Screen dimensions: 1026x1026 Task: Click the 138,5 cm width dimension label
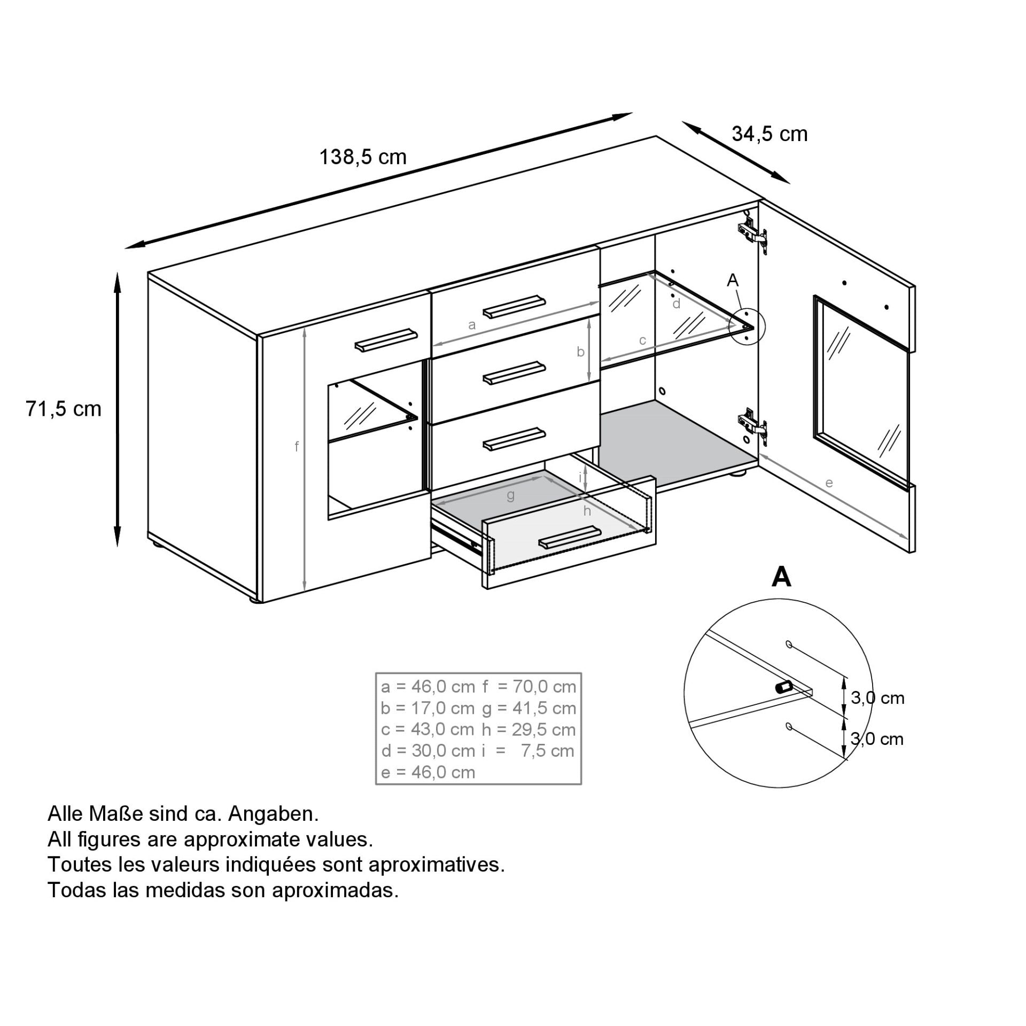click(363, 157)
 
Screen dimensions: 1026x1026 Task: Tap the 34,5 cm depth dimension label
click(770, 134)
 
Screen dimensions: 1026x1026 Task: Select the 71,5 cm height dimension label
click(64, 409)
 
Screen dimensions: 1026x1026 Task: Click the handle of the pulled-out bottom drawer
click(570, 537)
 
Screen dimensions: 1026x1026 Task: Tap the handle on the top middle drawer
click(514, 306)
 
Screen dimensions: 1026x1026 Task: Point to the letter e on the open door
click(829, 483)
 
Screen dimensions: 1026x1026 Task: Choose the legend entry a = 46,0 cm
click(428, 687)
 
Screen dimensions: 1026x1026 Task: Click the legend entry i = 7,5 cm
click(528, 750)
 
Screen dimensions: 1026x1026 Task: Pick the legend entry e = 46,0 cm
click(428, 772)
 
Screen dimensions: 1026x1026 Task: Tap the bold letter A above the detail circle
click(781, 577)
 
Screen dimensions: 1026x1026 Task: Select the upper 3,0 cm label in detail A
click(877, 698)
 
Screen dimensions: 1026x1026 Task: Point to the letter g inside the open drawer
click(510, 495)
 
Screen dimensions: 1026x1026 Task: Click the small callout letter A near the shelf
click(733, 279)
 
